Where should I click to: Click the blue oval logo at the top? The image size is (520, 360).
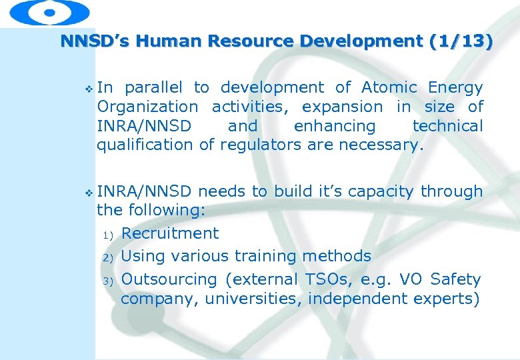50,12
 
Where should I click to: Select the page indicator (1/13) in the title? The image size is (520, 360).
461,41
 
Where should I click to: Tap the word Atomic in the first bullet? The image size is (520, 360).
389,87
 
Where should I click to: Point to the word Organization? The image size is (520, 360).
147,107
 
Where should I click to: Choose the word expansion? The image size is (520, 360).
342,107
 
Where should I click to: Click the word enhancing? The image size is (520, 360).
335,126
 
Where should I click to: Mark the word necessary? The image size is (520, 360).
381,145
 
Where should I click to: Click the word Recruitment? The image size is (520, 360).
170,233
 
